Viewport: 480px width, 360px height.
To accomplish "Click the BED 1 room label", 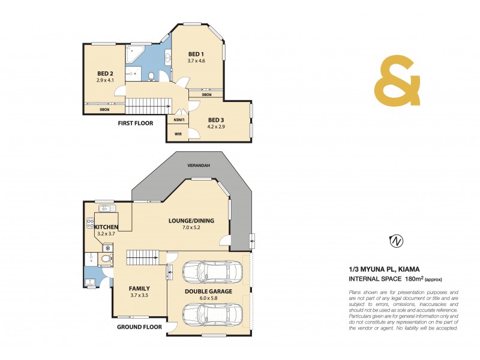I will point(197,53).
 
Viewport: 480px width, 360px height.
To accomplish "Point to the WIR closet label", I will point(178,134).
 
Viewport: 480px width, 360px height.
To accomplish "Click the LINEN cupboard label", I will point(178,119).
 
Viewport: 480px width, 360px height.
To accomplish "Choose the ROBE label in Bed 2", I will point(104,109).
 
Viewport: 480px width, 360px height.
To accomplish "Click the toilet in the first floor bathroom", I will point(152,76).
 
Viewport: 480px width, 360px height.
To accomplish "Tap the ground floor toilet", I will point(106,259).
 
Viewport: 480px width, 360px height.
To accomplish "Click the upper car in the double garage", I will point(214,271).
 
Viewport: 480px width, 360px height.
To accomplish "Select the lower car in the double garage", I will point(214,313).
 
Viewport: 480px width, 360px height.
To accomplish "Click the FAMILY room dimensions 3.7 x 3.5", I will point(139,296).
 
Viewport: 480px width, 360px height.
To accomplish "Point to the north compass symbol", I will point(396,241).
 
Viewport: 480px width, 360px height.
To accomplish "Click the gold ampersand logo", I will point(397,82).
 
